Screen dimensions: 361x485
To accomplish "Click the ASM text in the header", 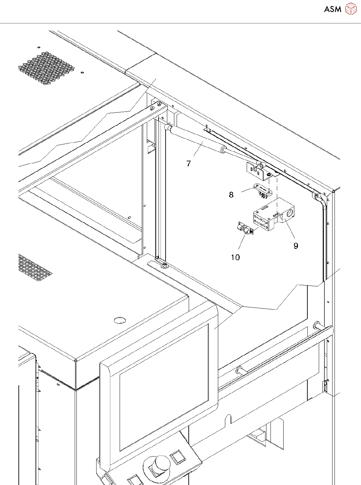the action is (333, 9).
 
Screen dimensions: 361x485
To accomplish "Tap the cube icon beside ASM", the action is (351, 9).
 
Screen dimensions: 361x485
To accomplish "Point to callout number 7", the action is (189, 164).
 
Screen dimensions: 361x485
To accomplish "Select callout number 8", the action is (231, 195).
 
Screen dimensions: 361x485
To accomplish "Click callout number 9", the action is (296, 246).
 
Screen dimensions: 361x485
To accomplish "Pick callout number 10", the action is (235, 257).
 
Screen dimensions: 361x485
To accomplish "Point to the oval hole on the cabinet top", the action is (120, 320).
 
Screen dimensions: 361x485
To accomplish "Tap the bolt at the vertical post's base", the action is (164, 266).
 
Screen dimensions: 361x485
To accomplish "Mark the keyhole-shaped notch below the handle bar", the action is (228, 419).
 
